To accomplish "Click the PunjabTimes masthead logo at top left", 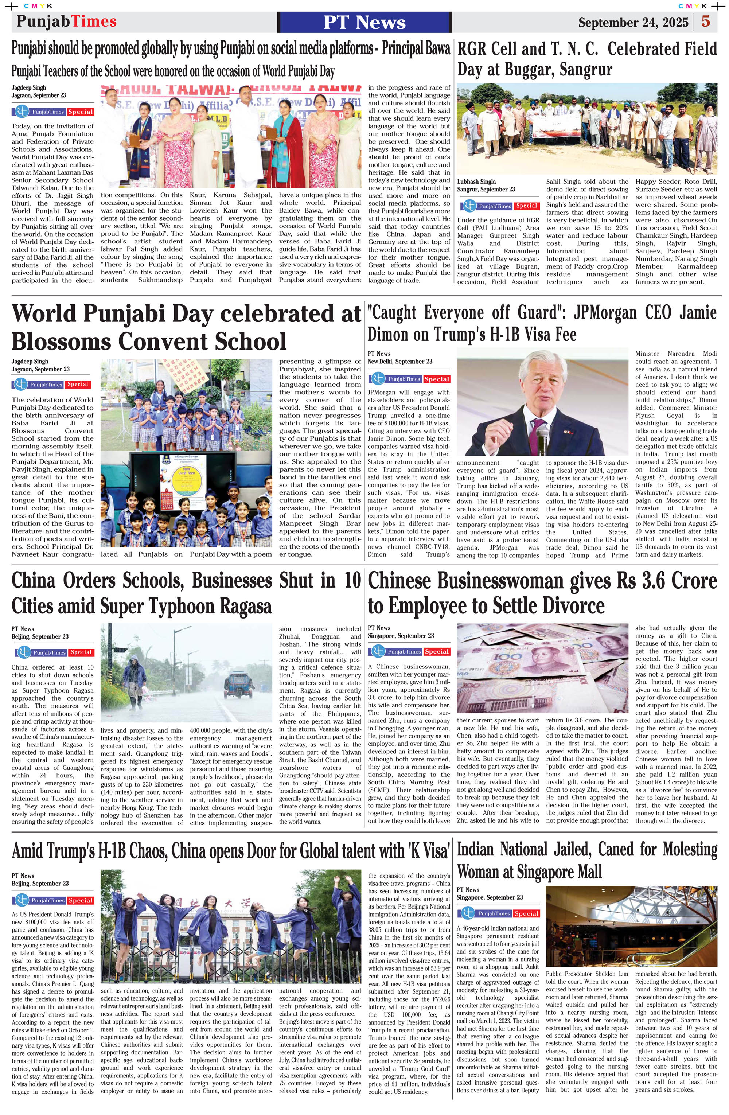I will (x=67, y=22).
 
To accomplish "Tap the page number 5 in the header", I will (x=706, y=22).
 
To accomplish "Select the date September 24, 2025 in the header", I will (x=633, y=23).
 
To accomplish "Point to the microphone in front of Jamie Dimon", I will (x=542, y=436).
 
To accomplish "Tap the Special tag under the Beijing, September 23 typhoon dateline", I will (x=81, y=652).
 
